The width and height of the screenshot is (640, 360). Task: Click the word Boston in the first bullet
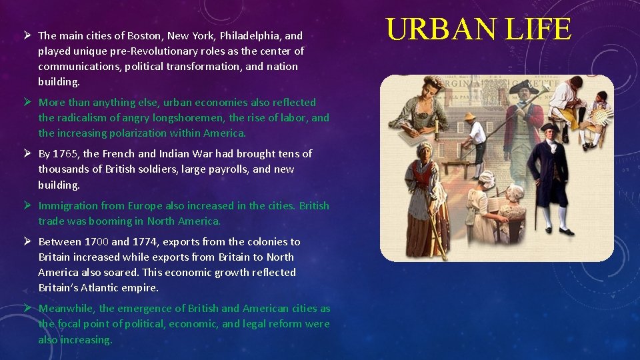tap(145, 35)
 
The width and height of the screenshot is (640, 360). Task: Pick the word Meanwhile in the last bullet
tap(67, 308)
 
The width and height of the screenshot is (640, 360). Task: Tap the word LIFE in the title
tap(539, 30)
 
